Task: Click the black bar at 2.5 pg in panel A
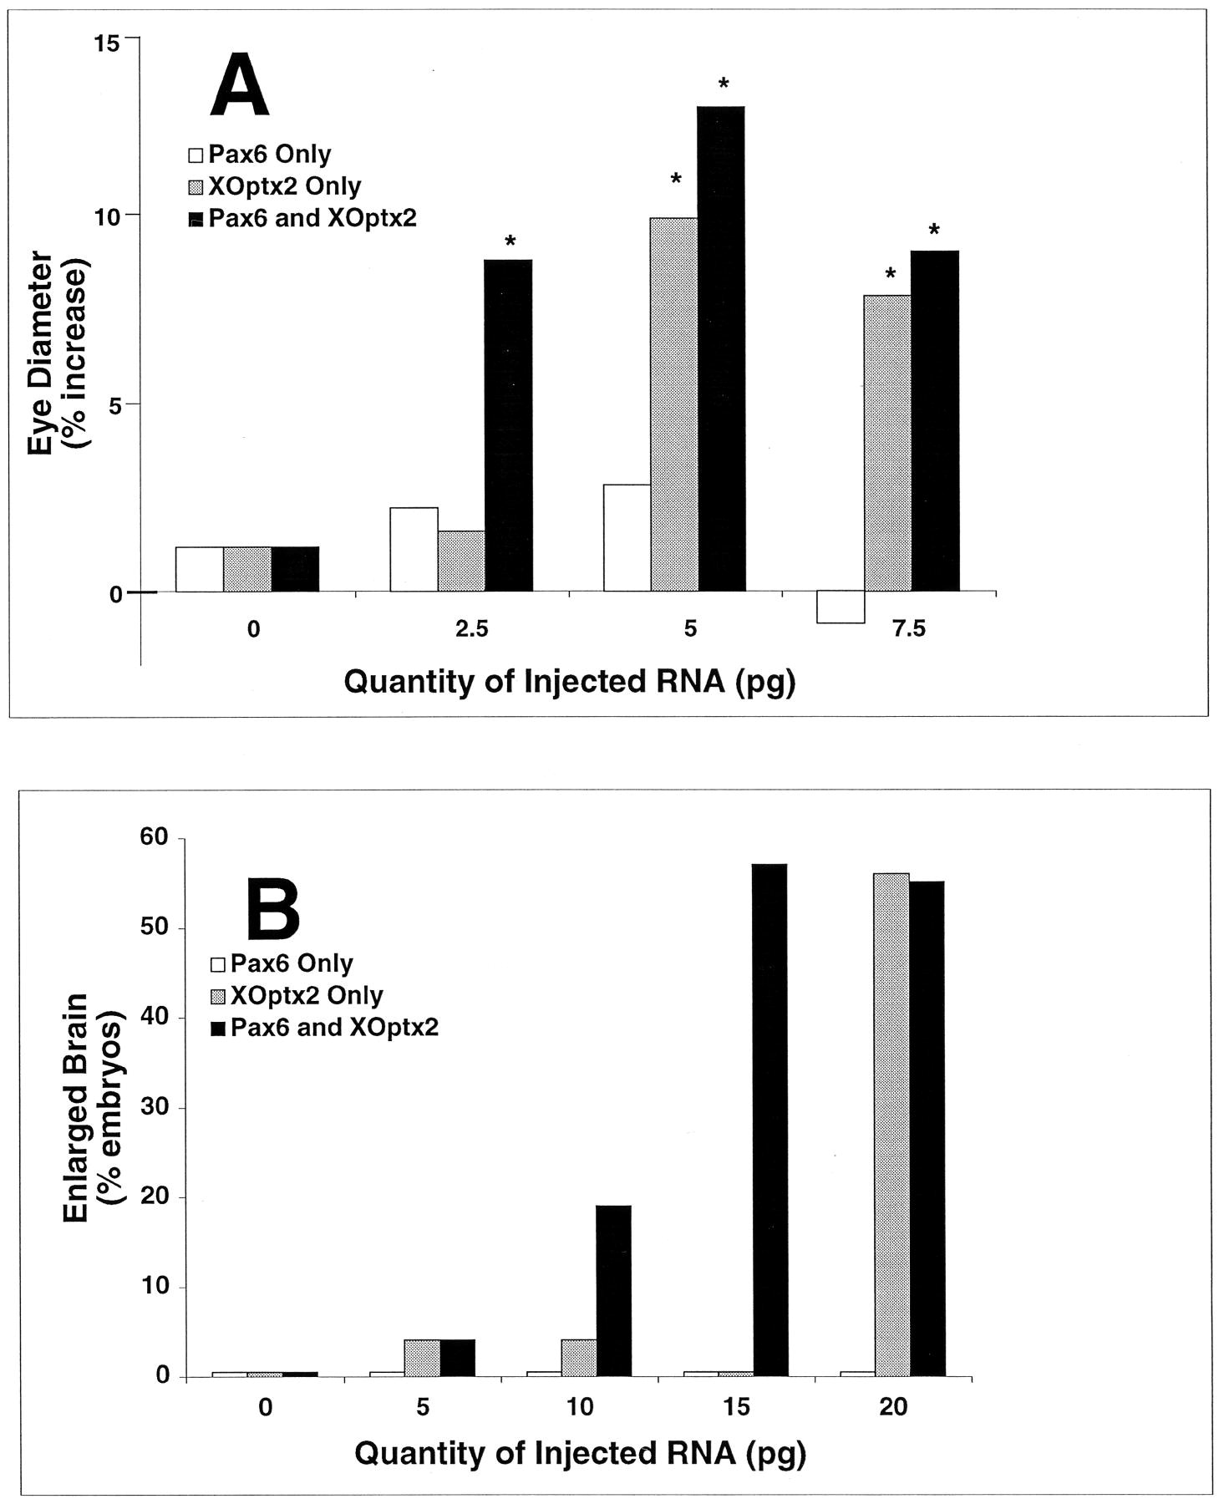(x=508, y=426)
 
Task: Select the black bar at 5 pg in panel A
(x=721, y=349)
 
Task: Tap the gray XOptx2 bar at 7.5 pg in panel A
(x=887, y=444)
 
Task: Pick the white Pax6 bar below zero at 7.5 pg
(x=841, y=607)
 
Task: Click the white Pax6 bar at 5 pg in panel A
(x=627, y=538)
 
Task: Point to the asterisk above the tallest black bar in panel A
(x=724, y=84)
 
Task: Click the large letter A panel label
(x=240, y=86)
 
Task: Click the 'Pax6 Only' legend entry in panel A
(x=260, y=155)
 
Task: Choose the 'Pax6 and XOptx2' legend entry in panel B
(x=324, y=1027)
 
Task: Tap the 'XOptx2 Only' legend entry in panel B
(x=297, y=995)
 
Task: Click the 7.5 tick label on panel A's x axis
(x=908, y=629)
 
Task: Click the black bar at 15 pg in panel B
(x=769, y=1119)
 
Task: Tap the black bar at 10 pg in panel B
(x=613, y=1290)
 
